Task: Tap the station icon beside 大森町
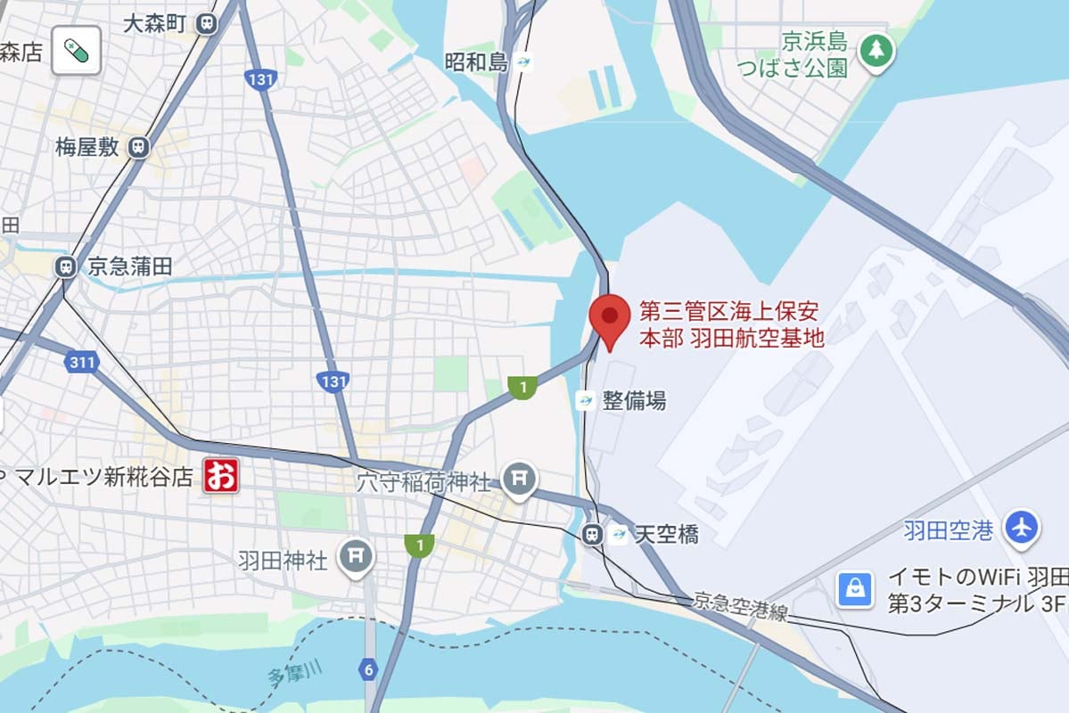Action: (208, 23)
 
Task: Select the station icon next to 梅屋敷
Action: (138, 147)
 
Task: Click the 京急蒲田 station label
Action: (129, 266)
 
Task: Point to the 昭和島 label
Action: (475, 62)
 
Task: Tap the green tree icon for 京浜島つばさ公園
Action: (876, 50)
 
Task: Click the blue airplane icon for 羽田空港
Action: (1022, 527)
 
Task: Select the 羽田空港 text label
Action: (948, 531)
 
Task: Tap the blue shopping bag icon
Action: (854, 589)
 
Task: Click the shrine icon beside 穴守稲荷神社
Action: (518, 480)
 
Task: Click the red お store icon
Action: (220, 476)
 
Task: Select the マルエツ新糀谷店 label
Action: (103, 477)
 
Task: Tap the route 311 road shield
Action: (81, 362)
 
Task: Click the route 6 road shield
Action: (367, 668)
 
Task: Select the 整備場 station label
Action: (634, 400)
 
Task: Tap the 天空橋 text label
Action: (666, 534)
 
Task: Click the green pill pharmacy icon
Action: (76, 50)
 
